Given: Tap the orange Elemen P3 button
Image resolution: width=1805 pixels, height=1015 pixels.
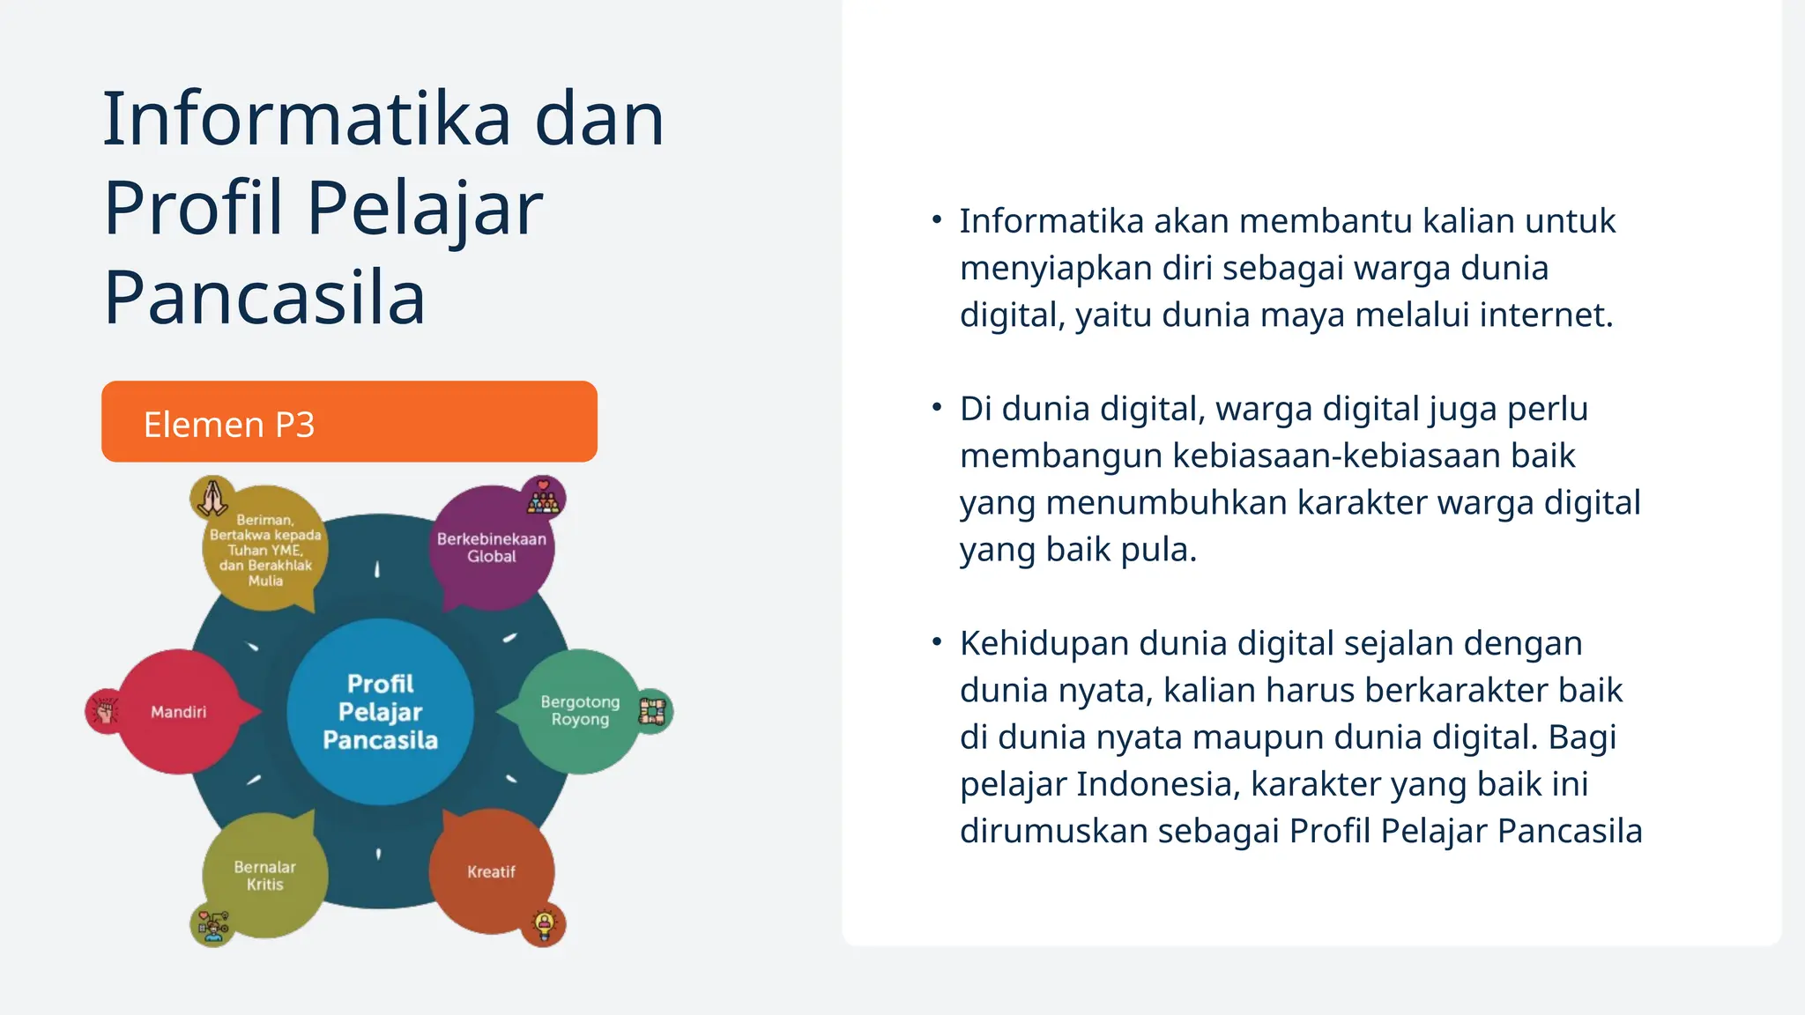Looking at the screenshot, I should click(x=349, y=422).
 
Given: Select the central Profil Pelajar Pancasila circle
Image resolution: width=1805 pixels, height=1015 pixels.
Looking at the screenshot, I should click(x=380, y=712).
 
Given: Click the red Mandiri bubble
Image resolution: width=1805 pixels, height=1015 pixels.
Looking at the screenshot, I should click(x=179, y=712).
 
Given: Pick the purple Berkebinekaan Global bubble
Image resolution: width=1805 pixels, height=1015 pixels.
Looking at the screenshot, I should click(x=492, y=547).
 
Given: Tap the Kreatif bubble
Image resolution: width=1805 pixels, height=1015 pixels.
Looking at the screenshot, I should click(x=491, y=871).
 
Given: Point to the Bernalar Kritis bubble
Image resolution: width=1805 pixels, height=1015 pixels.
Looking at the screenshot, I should click(x=264, y=875).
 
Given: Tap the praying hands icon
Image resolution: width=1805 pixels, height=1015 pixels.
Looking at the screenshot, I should click(x=212, y=499).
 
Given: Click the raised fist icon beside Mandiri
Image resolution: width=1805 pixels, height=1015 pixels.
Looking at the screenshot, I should click(x=106, y=711).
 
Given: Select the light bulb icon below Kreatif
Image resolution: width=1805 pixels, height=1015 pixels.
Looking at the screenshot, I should click(x=544, y=924).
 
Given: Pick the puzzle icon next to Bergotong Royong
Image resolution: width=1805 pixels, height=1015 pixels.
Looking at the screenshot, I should click(x=652, y=711).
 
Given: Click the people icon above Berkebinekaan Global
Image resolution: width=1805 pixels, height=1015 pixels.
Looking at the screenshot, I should click(x=543, y=499).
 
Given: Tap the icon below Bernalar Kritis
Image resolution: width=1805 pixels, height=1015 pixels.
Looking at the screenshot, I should click(x=212, y=924).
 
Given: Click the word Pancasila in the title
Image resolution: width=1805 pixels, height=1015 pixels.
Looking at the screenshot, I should click(x=264, y=298).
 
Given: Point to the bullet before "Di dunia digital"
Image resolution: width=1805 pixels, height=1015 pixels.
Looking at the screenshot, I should click(x=937, y=408).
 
